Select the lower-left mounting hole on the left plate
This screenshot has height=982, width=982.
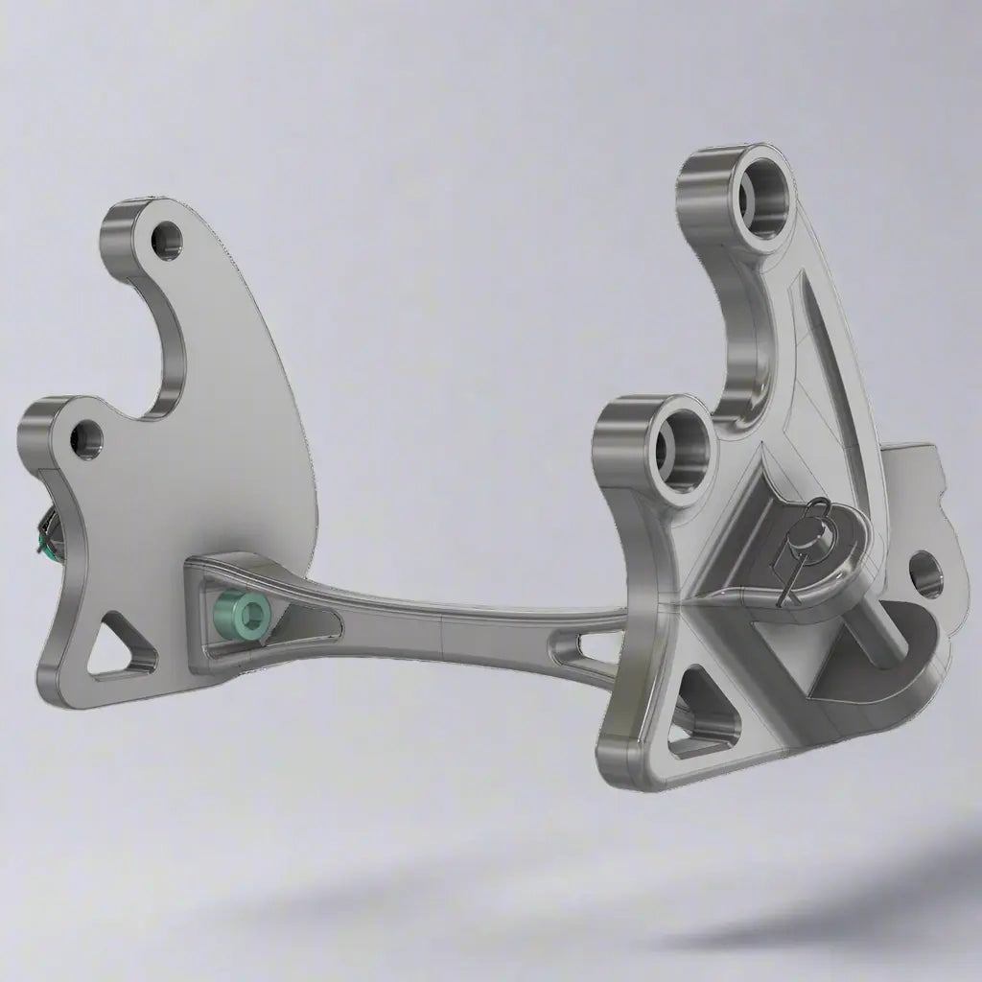tap(87, 439)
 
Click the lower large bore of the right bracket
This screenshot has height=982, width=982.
tap(681, 443)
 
